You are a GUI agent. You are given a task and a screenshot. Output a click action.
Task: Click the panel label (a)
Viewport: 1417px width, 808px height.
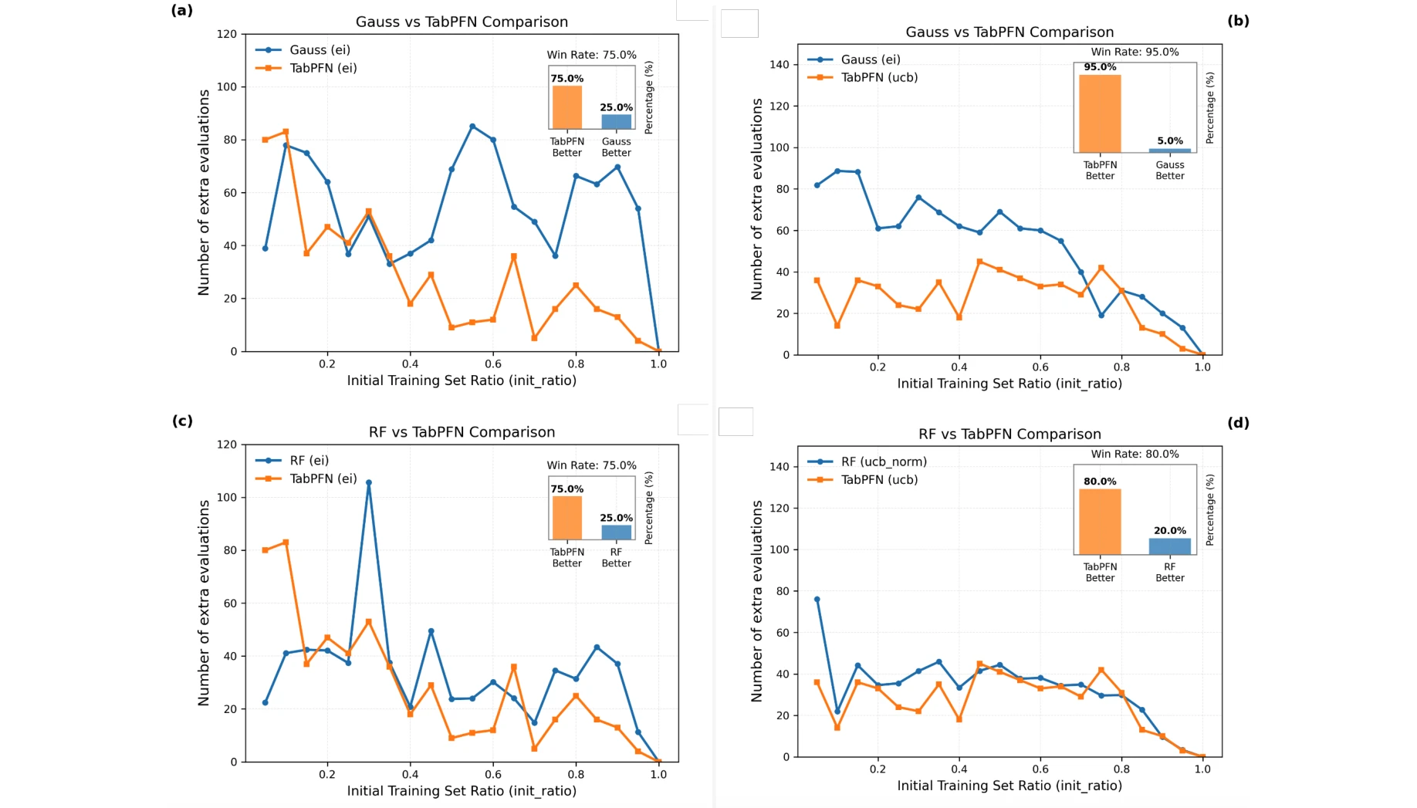[x=182, y=11]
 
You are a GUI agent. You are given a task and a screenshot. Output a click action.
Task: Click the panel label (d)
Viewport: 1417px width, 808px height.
[x=1237, y=423]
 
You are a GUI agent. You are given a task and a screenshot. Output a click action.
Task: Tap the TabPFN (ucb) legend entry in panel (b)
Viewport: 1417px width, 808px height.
[x=879, y=78]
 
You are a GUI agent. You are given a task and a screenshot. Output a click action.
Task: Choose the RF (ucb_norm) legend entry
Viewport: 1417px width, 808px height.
[x=884, y=462]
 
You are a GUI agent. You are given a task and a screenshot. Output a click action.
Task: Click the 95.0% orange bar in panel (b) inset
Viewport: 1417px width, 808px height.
[x=1100, y=114]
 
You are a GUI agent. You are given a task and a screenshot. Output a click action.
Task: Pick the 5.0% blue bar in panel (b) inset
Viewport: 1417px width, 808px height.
[x=1169, y=150]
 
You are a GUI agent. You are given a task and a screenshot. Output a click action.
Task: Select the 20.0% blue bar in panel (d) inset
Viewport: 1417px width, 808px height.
[x=1169, y=546]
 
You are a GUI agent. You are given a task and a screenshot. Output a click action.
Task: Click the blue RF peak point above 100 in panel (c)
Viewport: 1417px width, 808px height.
[x=369, y=483]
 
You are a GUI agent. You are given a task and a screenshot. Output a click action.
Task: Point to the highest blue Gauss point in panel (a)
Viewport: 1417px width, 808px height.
[x=472, y=127]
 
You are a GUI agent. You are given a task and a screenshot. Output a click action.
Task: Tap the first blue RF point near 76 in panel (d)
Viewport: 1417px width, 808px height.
[x=817, y=600]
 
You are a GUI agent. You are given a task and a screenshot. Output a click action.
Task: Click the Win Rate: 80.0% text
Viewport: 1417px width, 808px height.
[x=1135, y=455]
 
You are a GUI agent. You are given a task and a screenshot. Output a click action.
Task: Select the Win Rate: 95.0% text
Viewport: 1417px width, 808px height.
[x=1135, y=52]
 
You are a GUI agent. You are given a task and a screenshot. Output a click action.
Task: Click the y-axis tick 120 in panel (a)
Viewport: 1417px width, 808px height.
[x=227, y=35]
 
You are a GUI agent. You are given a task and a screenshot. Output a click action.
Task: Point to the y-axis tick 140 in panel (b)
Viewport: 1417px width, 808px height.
[x=779, y=65]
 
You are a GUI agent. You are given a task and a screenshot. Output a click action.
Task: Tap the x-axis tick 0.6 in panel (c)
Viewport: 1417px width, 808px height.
[x=493, y=775]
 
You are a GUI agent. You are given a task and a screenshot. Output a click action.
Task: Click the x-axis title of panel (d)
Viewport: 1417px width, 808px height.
[x=1009, y=786]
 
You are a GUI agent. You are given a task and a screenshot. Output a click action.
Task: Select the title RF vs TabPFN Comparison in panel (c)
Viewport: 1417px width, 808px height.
[x=462, y=432]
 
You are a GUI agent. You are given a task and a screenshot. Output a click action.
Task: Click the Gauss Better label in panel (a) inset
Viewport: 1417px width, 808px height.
[x=616, y=147]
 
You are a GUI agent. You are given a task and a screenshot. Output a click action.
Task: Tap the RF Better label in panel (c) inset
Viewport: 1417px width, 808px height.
[x=616, y=558]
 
